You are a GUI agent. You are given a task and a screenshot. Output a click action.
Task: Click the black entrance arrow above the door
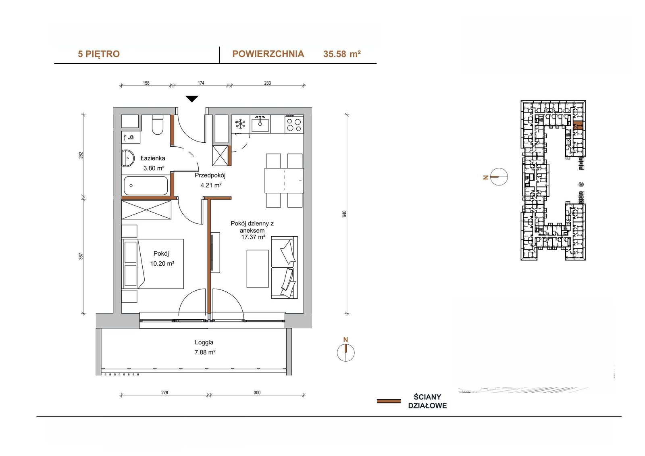coord(192,99)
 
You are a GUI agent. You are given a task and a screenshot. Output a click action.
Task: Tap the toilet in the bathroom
coord(158,125)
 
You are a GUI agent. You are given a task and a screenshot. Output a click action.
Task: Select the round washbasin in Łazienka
coord(127,158)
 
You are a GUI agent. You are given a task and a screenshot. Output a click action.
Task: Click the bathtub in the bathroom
coord(146,185)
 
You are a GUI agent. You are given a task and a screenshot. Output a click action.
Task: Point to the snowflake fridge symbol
coord(240,124)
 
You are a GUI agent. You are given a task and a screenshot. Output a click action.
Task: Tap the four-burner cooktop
coord(294,124)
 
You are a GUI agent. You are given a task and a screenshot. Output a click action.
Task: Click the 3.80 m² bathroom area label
coord(154,168)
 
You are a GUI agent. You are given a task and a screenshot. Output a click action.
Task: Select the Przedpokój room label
coord(210,175)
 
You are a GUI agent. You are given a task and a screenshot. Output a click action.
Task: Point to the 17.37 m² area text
coord(253,237)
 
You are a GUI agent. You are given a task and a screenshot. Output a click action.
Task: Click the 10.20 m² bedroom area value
coord(162,263)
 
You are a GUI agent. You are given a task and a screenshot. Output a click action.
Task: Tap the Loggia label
coord(204,342)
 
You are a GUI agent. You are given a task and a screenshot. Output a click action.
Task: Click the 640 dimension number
coord(344,214)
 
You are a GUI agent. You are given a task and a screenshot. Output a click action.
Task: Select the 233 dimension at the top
coord(268,83)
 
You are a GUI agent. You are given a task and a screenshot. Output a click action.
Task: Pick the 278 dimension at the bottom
coord(164,392)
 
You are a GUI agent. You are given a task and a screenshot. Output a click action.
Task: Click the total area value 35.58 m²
coord(342,54)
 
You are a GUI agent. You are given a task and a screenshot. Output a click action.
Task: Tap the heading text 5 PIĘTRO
coord(99,54)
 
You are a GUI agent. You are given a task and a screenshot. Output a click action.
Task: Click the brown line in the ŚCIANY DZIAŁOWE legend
coord(389,401)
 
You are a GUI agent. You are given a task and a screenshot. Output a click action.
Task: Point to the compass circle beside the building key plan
coord(499,177)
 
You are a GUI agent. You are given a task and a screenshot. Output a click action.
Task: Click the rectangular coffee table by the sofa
coord(258,269)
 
